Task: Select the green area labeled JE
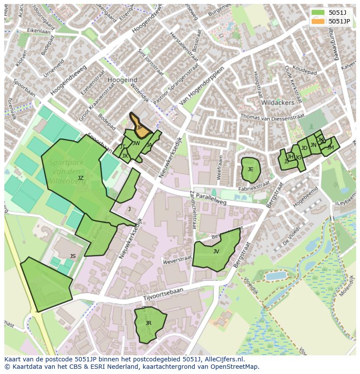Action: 250,169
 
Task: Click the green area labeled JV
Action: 216,251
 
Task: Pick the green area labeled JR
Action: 149,323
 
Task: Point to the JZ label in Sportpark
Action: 80,178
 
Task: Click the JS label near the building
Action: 73,256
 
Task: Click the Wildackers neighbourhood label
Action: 277,103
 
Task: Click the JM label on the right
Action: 330,148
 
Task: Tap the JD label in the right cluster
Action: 304,148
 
